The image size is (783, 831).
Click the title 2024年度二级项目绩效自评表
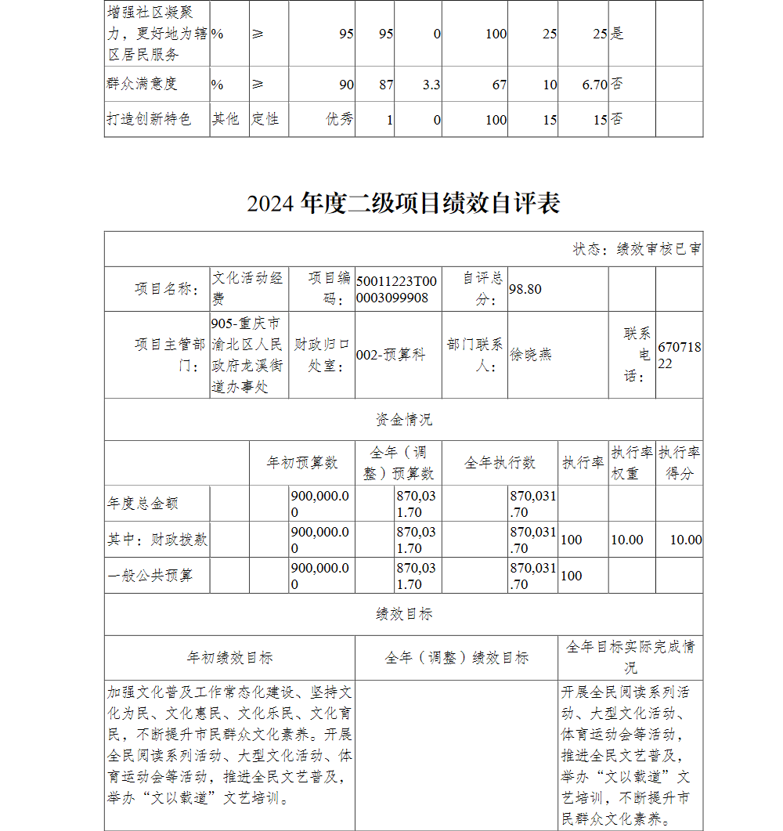click(x=403, y=204)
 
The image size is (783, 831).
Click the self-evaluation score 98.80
click(x=525, y=289)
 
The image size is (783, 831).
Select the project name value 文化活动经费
click(x=247, y=288)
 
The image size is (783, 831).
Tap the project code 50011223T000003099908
click(x=397, y=289)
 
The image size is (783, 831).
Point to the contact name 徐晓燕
click(x=531, y=355)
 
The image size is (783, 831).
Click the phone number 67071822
click(x=679, y=355)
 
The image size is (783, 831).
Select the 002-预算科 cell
click(x=391, y=355)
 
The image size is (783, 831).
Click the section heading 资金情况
click(x=403, y=420)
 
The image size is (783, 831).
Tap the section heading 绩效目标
click(x=403, y=614)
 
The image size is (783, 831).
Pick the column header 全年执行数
click(x=500, y=463)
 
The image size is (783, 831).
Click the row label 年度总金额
click(x=143, y=504)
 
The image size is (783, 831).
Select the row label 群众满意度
click(x=143, y=84)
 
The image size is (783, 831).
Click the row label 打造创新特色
click(x=149, y=119)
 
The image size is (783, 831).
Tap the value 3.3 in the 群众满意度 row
click(x=431, y=85)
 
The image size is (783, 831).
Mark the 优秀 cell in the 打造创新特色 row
click(x=340, y=119)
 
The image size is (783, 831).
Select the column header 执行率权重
click(x=632, y=463)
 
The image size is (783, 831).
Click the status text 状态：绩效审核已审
click(x=637, y=249)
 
